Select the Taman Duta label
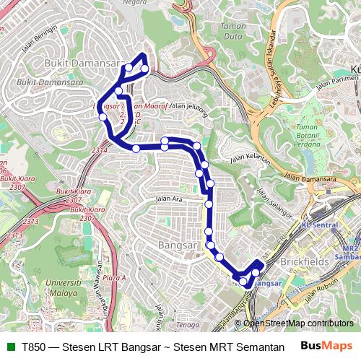[233, 32]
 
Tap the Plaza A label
[114, 277]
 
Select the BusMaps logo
[326, 347]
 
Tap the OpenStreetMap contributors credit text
[299, 323]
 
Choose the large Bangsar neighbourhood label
[176, 245]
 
